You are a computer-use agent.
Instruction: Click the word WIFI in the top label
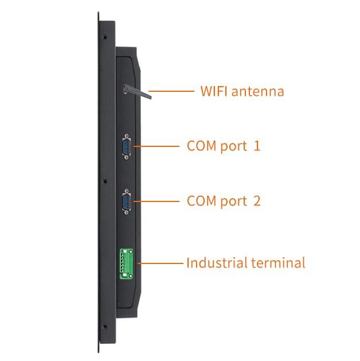214,91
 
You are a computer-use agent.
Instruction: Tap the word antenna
258,91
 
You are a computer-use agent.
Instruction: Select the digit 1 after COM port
257,146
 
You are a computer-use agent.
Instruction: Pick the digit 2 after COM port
257,201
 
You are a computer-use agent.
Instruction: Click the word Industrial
217,262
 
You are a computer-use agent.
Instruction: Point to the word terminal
279,263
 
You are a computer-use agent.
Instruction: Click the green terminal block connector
126,263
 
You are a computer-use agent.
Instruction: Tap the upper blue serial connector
126,146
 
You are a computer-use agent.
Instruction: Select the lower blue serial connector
126,201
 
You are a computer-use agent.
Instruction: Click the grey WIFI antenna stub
137,92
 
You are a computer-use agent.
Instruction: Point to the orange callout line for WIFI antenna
171,91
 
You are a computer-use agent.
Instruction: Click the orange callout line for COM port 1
156,146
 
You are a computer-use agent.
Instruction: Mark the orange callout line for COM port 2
156,201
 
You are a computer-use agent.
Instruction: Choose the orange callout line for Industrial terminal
161,263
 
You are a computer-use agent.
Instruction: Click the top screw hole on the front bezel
105,37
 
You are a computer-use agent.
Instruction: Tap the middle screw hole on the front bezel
105,181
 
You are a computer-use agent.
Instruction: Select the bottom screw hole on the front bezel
105,326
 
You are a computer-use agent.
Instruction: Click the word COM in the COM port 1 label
202,146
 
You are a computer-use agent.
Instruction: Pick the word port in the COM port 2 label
233,201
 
